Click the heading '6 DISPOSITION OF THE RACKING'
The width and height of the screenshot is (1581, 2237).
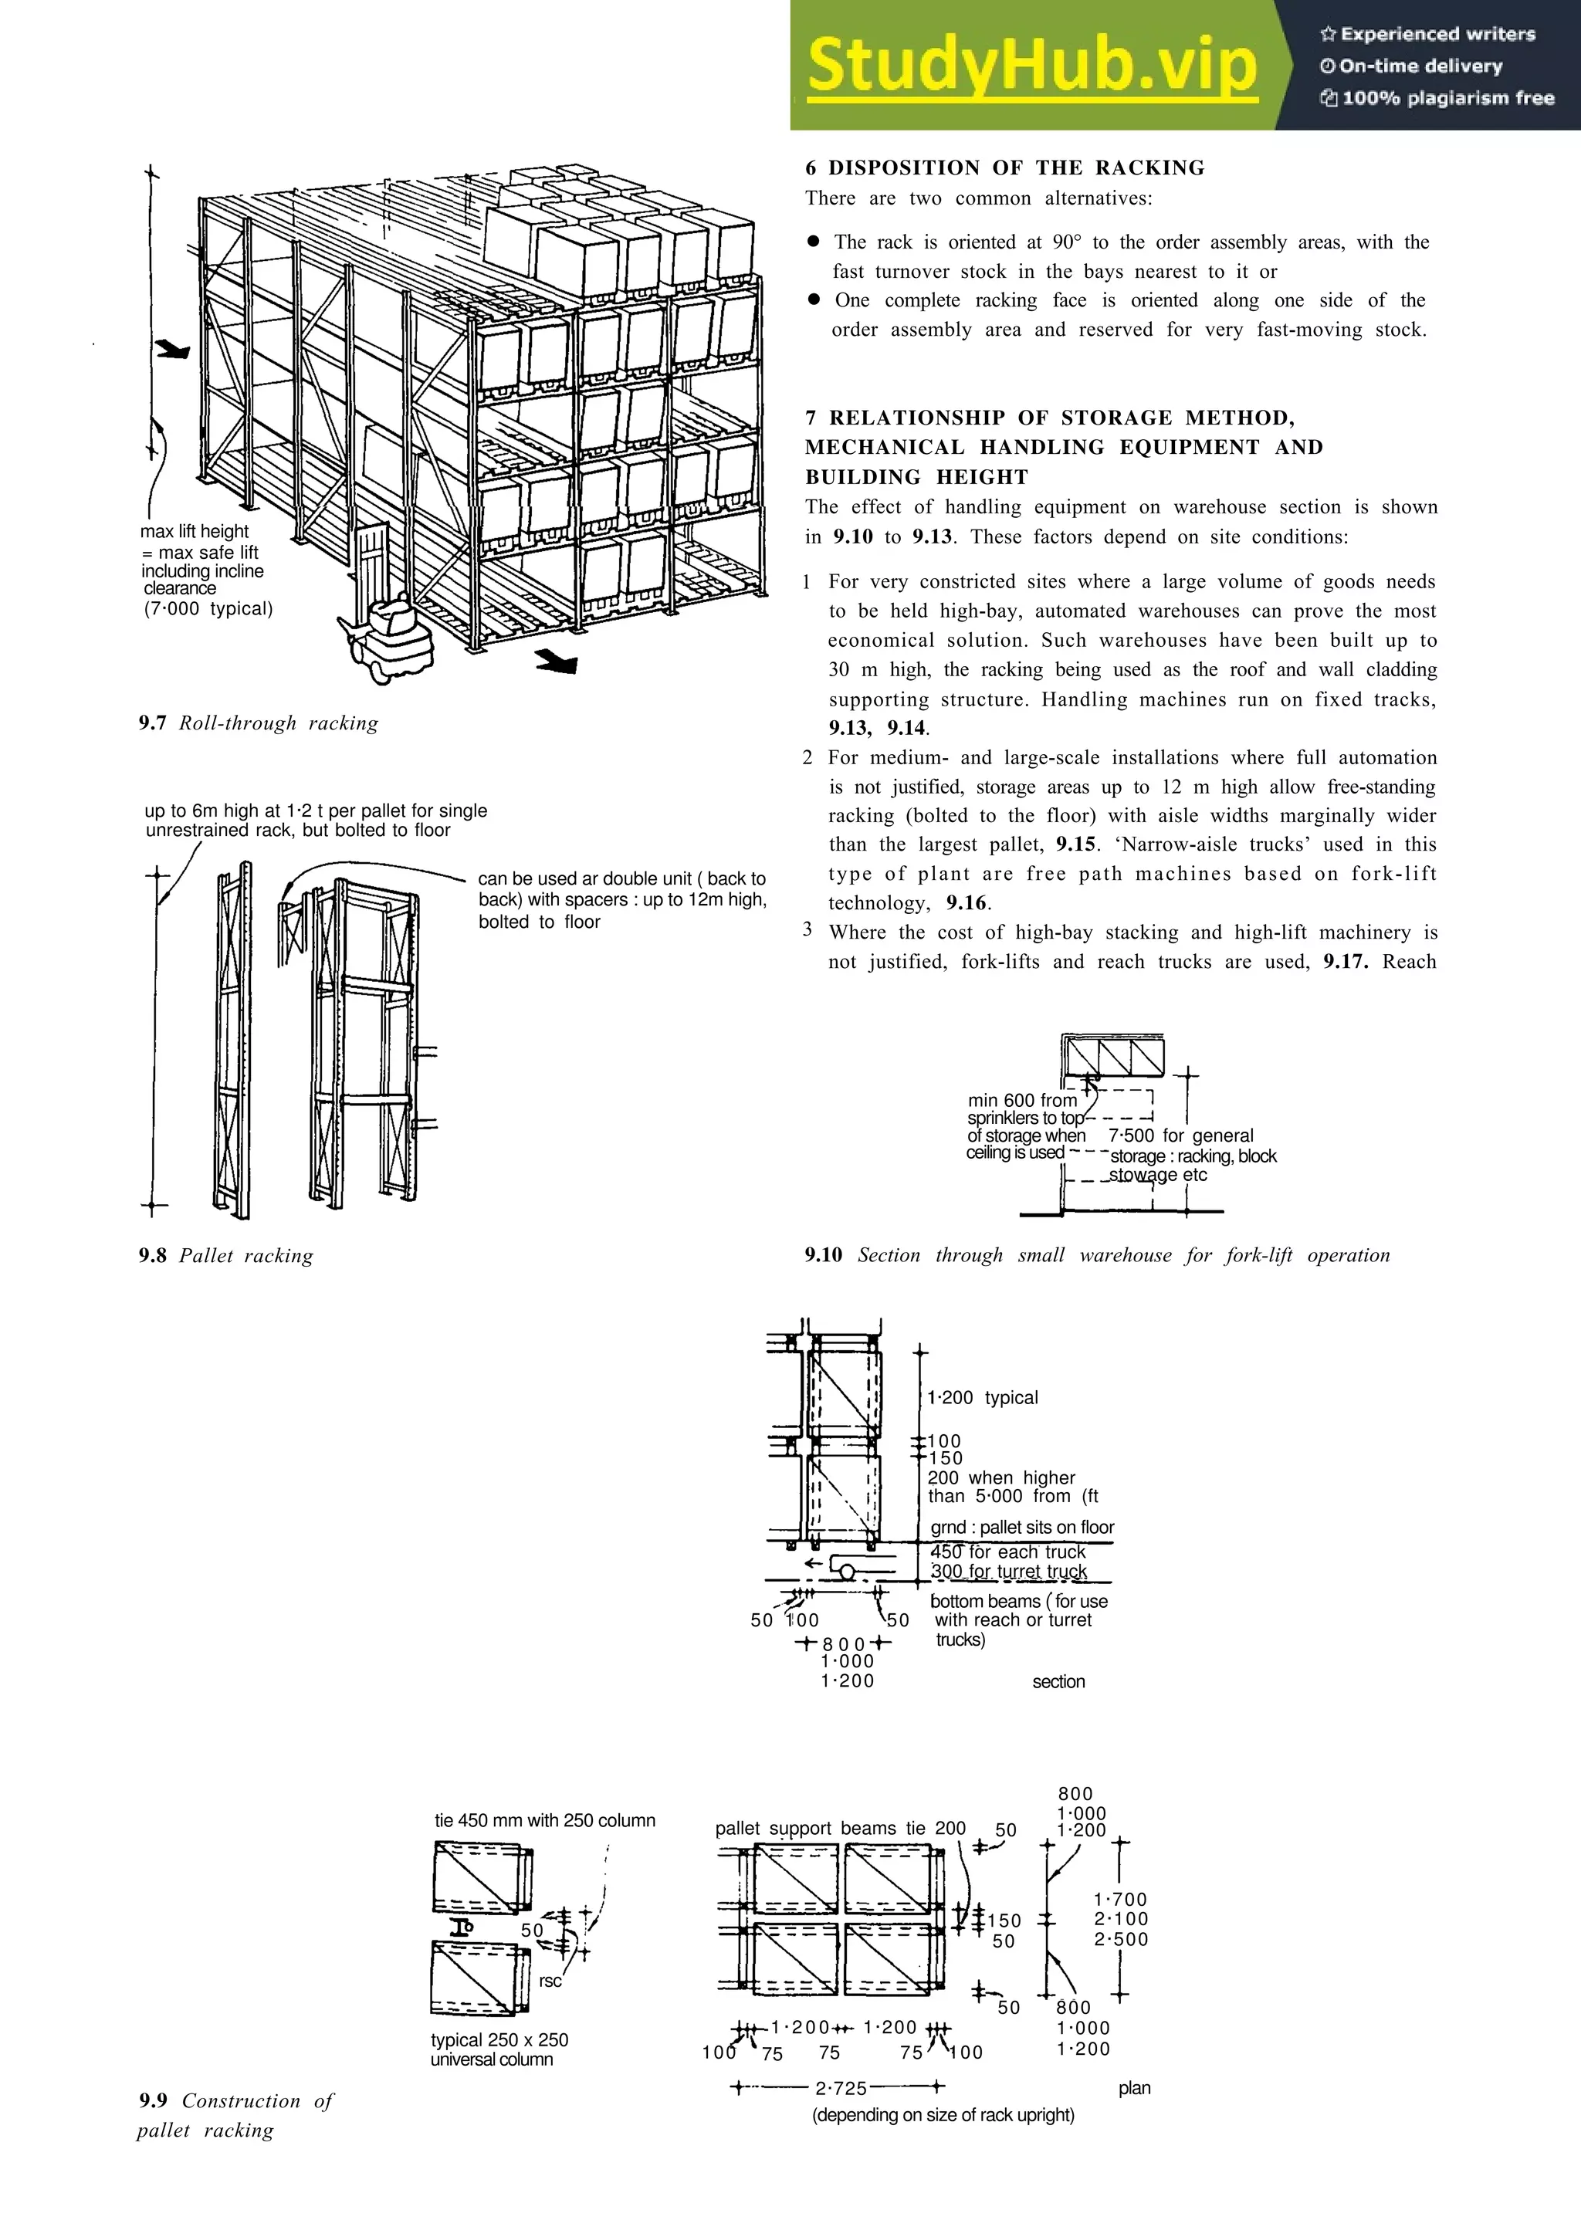(1004, 168)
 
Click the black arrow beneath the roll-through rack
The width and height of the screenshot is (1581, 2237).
(558, 662)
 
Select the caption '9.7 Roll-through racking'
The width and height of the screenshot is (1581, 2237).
(258, 723)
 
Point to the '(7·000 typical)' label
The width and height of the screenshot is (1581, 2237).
(208, 609)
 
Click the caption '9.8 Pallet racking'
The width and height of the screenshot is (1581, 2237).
(226, 1255)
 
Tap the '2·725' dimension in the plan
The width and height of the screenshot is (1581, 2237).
(841, 2088)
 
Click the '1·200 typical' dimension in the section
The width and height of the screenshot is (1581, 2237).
(982, 1397)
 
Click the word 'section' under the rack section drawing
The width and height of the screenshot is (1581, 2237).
(1058, 1682)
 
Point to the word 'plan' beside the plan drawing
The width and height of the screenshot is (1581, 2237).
(1134, 2088)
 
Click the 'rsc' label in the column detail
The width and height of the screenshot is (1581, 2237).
(550, 1981)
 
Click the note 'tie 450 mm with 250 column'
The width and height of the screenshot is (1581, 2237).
(544, 1820)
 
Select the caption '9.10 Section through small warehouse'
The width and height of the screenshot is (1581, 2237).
(1097, 1255)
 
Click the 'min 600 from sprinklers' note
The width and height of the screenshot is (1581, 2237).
(1024, 1126)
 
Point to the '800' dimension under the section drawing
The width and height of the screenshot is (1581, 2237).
(845, 1643)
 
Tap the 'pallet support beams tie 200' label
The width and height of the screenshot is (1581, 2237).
(840, 1828)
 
